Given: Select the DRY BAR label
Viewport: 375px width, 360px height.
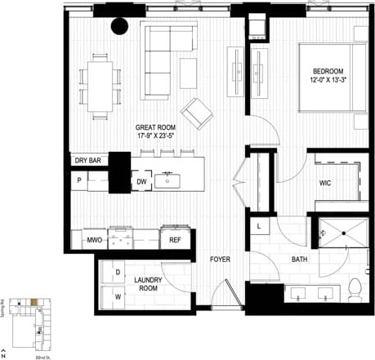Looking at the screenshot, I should point(87,161).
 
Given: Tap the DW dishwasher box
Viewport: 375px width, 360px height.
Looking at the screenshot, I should point(141,181).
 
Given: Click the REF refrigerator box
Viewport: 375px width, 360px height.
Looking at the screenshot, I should point(175,240).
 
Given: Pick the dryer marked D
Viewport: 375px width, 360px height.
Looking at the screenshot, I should point(116,271).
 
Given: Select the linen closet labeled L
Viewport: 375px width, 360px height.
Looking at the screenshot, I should point(259,226).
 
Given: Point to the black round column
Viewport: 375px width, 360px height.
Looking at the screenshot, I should point(120,28).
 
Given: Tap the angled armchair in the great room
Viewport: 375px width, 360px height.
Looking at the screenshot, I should point(196,112).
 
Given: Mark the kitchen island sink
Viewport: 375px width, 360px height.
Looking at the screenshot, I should point(168,179).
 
